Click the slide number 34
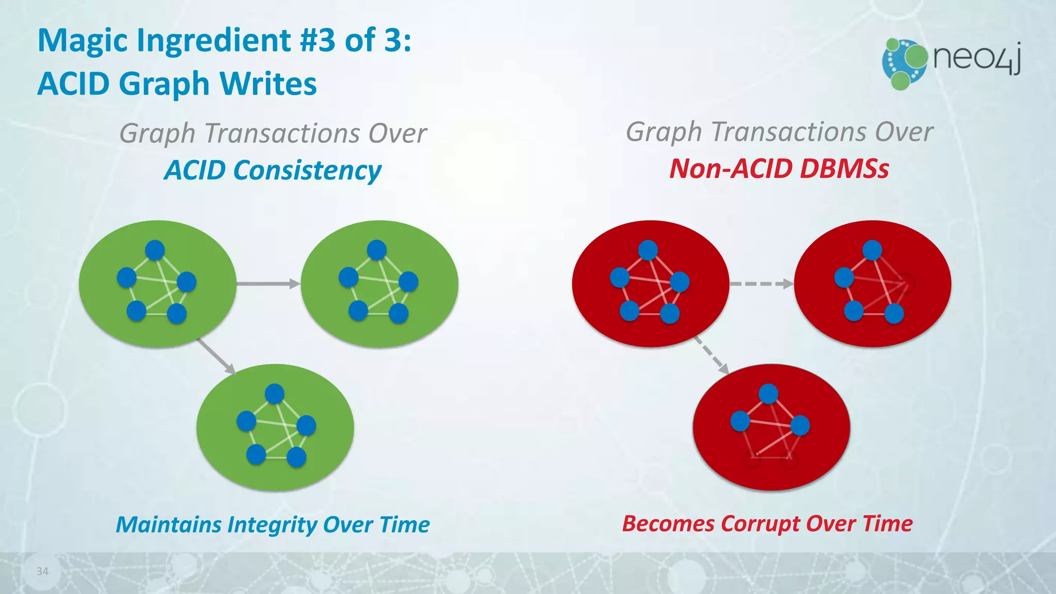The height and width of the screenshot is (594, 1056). click(x=42, y=571)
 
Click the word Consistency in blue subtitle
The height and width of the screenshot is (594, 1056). click(x=307, y=171)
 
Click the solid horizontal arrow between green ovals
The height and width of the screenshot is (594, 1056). click(x=268, y=284)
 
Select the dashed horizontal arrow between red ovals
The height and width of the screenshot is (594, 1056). click(x=762, y=284)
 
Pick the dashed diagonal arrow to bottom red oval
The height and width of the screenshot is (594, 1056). click(x=711, y=355)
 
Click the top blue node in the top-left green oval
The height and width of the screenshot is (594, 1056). click(x=155, y=250)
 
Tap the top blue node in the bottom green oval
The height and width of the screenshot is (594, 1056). click(x=274, y=394)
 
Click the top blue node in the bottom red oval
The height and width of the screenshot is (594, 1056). click(x=768, y=394)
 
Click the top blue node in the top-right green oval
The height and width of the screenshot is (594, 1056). click(x=377, y=250)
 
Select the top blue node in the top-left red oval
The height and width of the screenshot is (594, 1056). click(x=648, y=250)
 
